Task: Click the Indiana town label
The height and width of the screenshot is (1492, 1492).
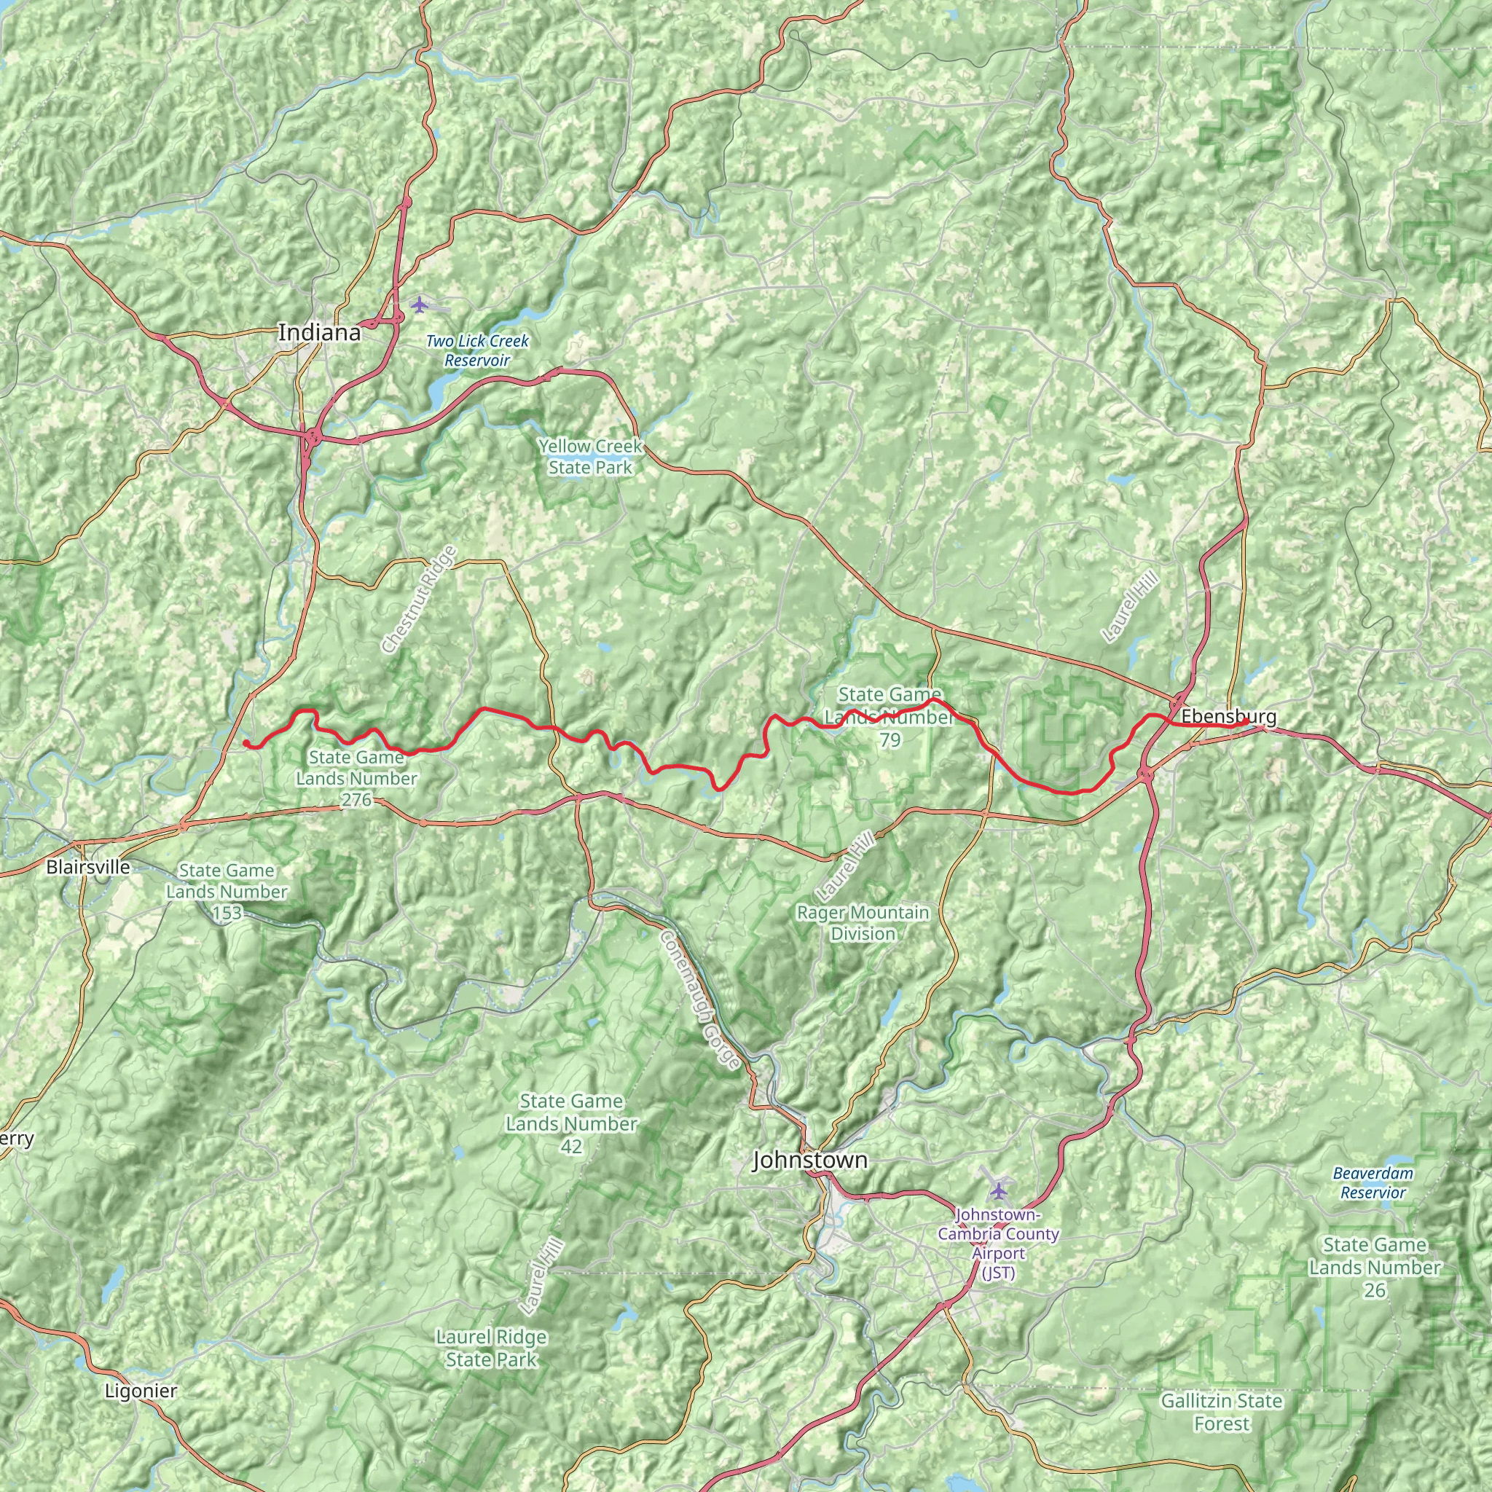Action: click(x=319, y=333)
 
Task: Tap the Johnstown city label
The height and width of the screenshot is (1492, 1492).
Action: click(x=809, y=1159)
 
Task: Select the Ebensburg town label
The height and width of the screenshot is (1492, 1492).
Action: click(x=1228, y=717)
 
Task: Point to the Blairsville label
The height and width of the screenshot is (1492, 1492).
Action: click(x=88, y=866)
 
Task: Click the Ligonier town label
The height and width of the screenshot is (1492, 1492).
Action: click(x=141, y=1391)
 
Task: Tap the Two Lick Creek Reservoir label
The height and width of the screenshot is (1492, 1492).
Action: click(x=477, y=350)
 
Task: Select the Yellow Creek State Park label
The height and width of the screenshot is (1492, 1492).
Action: click(x=591, y=456)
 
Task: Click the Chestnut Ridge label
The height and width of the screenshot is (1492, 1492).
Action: click(x=420, y=600)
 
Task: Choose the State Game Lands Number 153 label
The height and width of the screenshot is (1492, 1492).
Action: click(x=227, y=891)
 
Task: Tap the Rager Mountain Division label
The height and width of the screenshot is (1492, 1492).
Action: click(x=863, y=923)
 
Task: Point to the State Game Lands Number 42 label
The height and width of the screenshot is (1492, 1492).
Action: click(x=571, y=1123)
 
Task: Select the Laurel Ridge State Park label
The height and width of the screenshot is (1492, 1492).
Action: click(x=491, y=1348)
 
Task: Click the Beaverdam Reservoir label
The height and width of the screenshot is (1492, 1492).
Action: click(x=1373, y=1182)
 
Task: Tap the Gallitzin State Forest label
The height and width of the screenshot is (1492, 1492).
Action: click(x=1222, y=1412)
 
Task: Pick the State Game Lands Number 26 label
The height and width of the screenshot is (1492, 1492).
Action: click(x=1375, y=1268)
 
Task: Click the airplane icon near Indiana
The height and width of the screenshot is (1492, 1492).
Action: click(x=420, y=305)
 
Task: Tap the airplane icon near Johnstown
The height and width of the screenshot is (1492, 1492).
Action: click(x=1000, y=1189)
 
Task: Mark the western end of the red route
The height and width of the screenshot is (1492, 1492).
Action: click(x=245, y=742)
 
